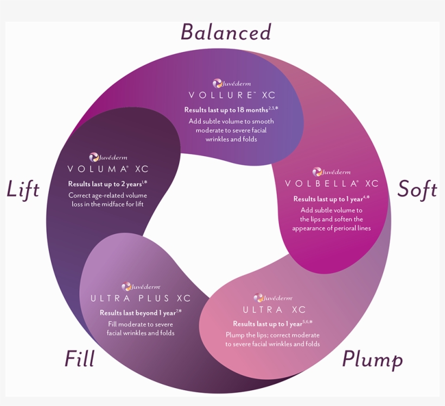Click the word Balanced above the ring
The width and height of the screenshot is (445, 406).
[226, 32]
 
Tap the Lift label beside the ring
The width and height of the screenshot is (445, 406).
[23, 189]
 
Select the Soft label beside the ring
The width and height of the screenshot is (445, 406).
[417, 189]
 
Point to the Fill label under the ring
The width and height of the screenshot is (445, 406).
[79, 358]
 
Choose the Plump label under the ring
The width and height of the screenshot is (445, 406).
[372, 360]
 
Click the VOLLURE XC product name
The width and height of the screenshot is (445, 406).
[232, 95]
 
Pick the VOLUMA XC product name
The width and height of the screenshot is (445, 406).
[108, 169]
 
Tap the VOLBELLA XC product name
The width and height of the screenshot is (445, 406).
[332, 184]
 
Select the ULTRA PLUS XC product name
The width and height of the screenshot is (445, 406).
[141, 298]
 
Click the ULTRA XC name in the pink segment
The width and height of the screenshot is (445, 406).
[274, 310]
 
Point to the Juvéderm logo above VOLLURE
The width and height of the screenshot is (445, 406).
[232, 83]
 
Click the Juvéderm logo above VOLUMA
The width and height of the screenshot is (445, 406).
[108, 157]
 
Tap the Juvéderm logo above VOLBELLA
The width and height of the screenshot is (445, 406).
[331, 172]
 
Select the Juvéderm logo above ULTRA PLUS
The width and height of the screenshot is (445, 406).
[141, 286]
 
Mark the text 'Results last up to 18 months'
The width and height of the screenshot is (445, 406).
[226, 110]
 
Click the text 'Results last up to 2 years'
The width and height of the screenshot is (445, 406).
[105, 184]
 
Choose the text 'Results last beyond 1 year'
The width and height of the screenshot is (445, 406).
[138, 313]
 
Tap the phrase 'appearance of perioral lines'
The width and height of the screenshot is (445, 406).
[332, 228]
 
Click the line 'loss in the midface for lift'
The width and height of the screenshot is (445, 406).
[107, 204]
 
